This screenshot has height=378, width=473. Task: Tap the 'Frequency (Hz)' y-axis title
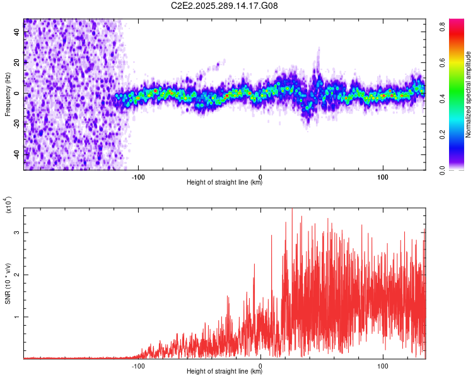tap(8, 94)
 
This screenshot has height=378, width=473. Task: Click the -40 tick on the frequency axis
tap(16, 154)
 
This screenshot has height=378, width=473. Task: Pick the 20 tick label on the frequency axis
tap(16, 62)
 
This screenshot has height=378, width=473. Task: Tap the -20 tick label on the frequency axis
tap(16, 123)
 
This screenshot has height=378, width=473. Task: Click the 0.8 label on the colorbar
tap(443, 26)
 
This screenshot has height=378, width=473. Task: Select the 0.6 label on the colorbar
tap(443, 62)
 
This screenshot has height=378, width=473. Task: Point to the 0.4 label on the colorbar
tap(443, 98)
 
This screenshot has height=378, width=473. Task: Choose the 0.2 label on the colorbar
tap(443, 134)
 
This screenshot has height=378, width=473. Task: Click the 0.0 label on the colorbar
tap(443, 169)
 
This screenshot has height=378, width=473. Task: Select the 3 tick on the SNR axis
tap(17, 232)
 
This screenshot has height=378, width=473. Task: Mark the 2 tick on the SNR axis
tap(17, 275)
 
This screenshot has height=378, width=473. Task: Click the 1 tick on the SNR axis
tap(17, 317)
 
